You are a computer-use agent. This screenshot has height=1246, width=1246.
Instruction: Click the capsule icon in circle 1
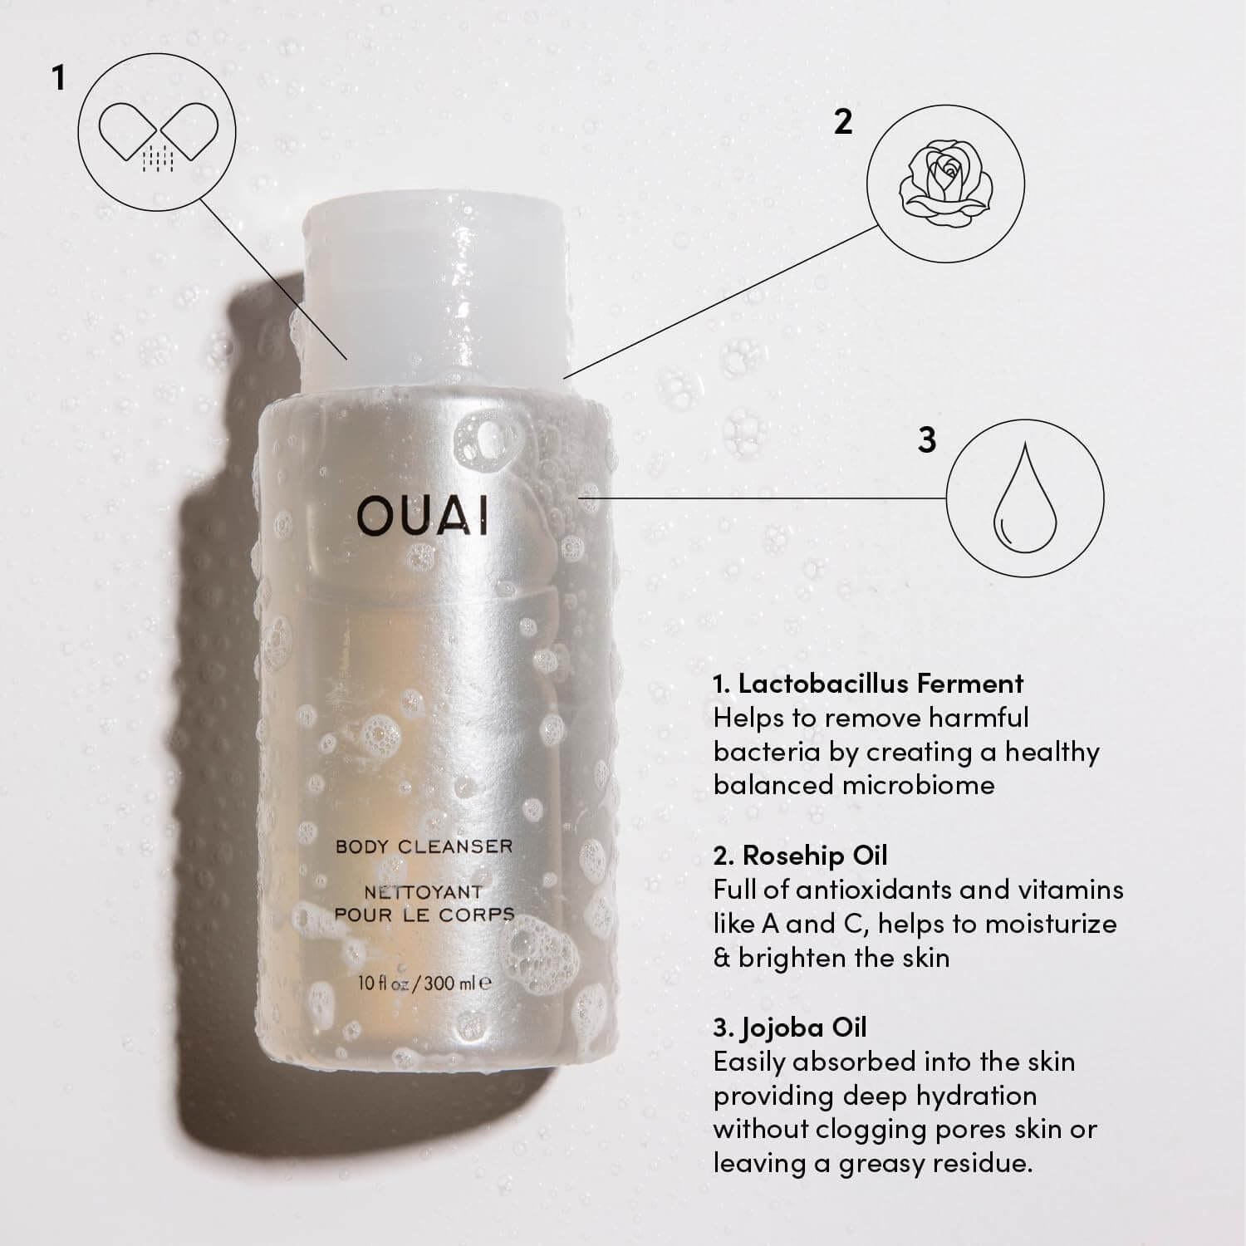(x=157, y=135)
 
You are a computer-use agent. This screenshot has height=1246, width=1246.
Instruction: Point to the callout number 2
(x=843, y=122)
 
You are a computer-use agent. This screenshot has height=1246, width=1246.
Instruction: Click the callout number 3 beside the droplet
(x=927, y=439)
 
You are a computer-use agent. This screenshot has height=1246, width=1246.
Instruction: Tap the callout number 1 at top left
(x=57, y=79)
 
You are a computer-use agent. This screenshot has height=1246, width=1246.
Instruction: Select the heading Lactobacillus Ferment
(x=868, y=684)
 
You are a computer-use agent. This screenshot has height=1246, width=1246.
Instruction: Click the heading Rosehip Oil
(x=801, y=856)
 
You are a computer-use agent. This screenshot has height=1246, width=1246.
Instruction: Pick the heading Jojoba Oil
(x=790, y=1028)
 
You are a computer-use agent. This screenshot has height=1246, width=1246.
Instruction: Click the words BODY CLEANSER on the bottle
(x=424, y=846)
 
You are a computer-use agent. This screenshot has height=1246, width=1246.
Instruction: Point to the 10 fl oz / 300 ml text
(x=424, y=984)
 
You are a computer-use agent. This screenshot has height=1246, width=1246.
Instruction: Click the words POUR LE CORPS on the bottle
(x=424, y=914)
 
